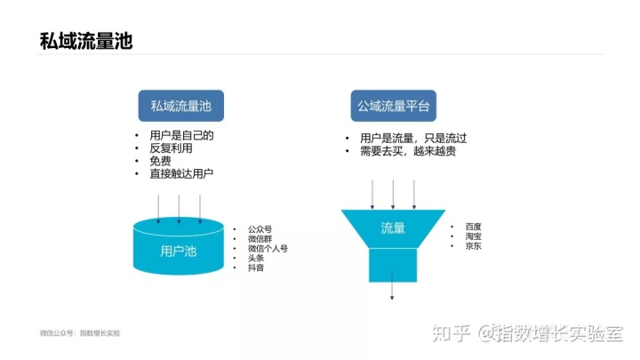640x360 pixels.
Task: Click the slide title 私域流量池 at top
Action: [86, 41]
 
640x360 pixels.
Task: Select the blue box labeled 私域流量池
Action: [180, 106]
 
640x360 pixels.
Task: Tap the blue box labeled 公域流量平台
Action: [394, 106]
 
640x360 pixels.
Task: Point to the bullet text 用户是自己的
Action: [181, 135]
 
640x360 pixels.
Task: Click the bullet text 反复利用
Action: [171, 148]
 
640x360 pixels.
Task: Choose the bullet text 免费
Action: [160, 161]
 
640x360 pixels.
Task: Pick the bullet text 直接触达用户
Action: [181, 173]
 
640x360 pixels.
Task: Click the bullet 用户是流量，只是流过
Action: [413, 138]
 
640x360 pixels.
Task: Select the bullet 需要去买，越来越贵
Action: [408, 151]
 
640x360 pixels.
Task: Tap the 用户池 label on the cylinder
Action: [179, 251]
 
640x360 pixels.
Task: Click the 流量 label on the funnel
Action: [393, 228]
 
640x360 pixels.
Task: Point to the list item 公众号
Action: [260, 229]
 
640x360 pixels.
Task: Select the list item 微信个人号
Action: [268, 248]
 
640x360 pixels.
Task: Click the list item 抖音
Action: [256, 268]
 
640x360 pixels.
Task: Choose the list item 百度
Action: [474, 227]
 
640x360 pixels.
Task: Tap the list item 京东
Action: [474, 245]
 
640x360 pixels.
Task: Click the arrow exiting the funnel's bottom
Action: [392, 285]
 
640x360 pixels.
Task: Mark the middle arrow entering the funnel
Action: [393, 195]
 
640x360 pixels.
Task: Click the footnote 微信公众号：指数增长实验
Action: [80, 333]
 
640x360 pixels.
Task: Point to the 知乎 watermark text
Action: [451, 333]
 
